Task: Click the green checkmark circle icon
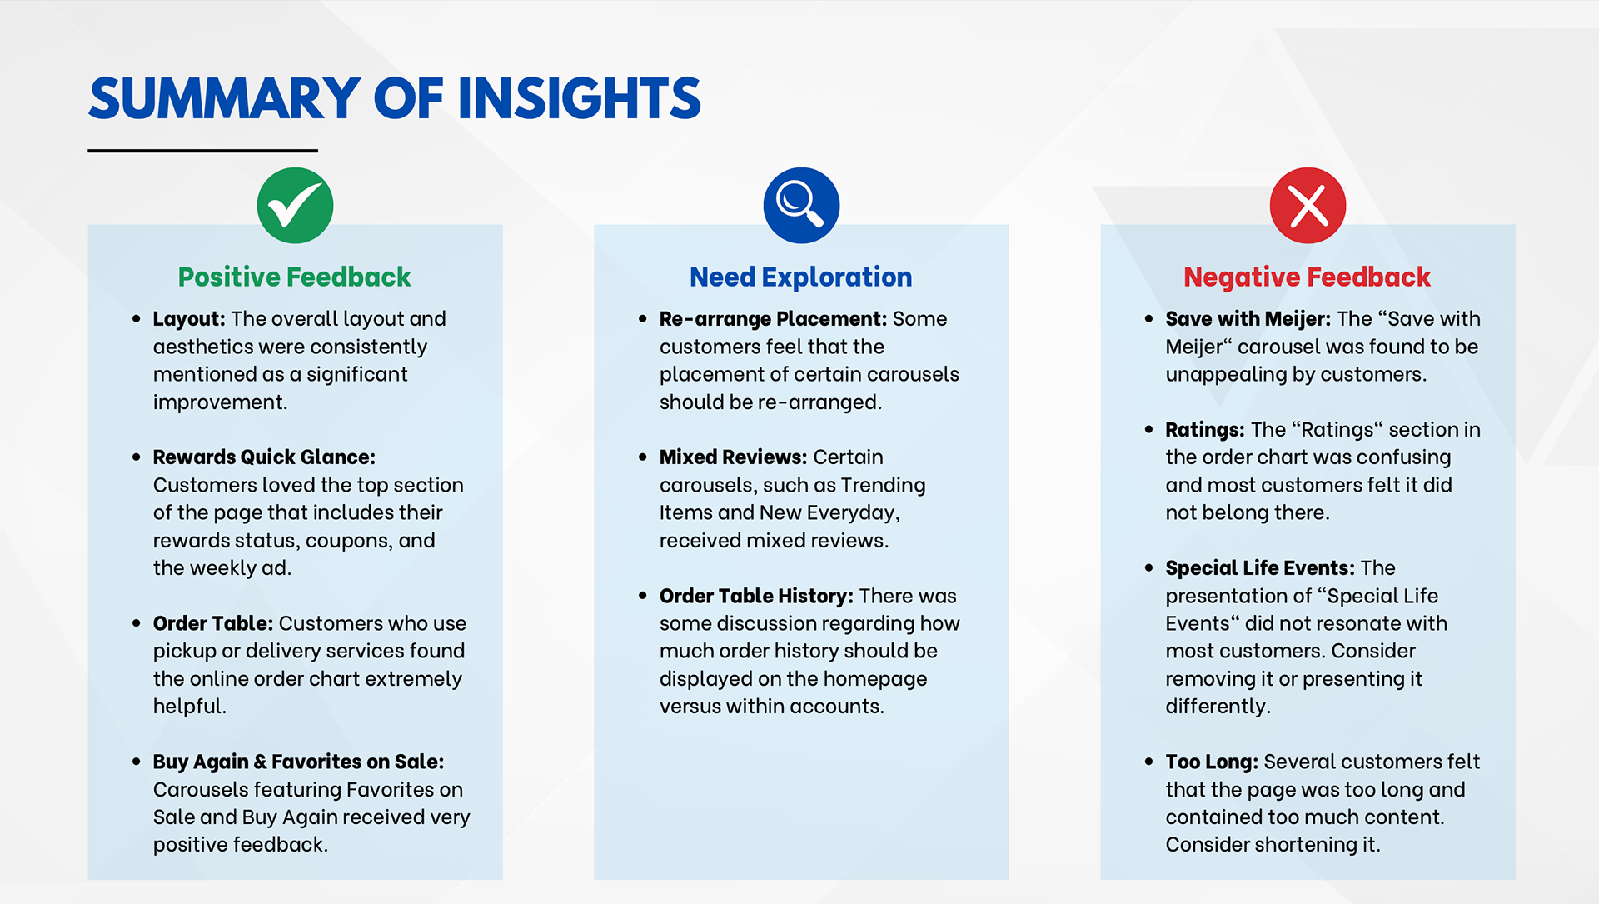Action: [x=295, y=206]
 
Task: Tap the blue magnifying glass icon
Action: [x=801, y=206]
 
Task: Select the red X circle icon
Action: [x=1308, y=206]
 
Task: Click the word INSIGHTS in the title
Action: [x=579, y=98]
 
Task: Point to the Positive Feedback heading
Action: [x=295, y=277]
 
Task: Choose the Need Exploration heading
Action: [x=801, y=277]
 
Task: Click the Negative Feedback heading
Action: [x=1307, y=277]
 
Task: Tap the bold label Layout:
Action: [x=189, y=319]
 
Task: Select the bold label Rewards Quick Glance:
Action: [x=264, y=457]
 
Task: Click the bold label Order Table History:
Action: [x=756, y=596]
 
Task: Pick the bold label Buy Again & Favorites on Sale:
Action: [x=298, y=762]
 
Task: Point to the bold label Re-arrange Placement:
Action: [x=773, y=319]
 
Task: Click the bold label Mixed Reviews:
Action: [x=733, y=457]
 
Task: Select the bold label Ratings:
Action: [x=1204, y=430]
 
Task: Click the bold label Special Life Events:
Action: [x=1260, y=568]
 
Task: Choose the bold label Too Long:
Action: [x=1211, y=762]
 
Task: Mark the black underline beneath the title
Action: [x=202, y=151]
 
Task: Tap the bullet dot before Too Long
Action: [x=1148, y=762]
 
